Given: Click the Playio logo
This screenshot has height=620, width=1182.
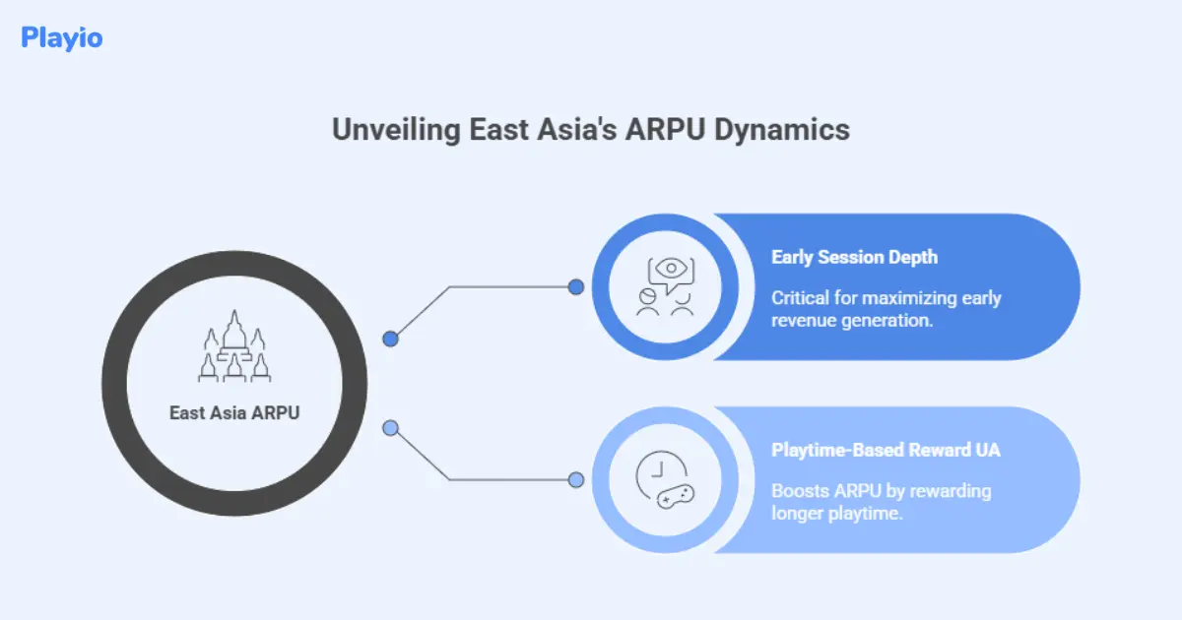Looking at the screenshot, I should click(x=61, y=38).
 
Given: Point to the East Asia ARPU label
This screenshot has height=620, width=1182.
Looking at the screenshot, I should click(x=234, y=413).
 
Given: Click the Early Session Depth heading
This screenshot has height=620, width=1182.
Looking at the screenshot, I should click(x=854, y=258).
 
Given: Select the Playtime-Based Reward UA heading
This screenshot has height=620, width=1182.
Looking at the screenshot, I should click(x=886, y=451).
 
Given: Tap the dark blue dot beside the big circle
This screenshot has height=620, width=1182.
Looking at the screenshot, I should click(x=390, y=339).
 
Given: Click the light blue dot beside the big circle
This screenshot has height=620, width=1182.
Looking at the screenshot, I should click(x=390, y=428).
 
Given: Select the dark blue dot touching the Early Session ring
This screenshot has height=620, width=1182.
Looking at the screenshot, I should click(x=576, y=287).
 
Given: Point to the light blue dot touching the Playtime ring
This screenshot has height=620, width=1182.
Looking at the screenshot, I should click(x=576, y=480).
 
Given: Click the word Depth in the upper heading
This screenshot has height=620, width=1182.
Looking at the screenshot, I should click(x=914, y=258).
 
